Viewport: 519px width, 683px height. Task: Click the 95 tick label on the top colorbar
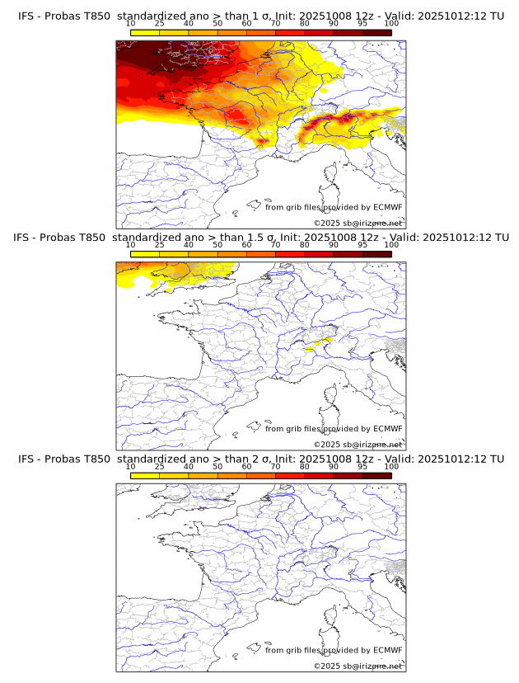[x=362, y=23]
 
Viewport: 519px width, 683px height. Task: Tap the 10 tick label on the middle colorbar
[x=131, y=245]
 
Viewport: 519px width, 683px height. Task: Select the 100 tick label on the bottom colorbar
[x=391, y=466]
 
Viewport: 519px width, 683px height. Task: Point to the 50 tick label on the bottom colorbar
[x=217, y=466]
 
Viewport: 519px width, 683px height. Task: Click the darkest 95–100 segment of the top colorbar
[x=376, y=32]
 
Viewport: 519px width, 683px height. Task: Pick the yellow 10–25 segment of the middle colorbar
[x=145, y=254]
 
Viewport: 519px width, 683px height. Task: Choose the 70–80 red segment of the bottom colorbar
[x=290, y=476]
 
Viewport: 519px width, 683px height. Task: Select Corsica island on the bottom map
[x=330, y=619]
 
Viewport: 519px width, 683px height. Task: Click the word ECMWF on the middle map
[x=387, y=429]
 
